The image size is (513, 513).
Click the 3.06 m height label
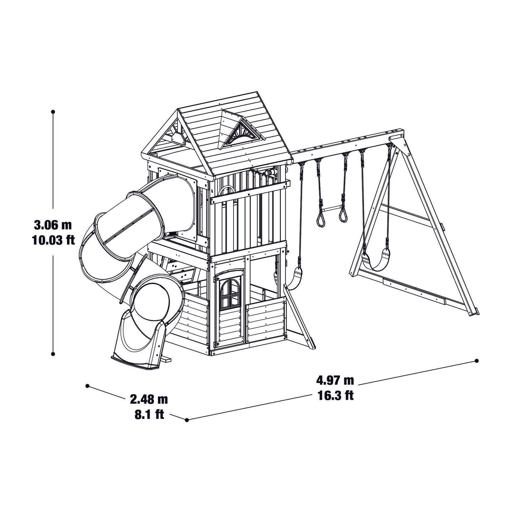53,225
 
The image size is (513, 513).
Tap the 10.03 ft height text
53,240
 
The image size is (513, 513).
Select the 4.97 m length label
335,381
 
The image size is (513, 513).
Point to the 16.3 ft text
335,395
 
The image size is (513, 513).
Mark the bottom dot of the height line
53,354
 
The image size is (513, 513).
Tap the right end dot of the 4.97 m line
476,361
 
